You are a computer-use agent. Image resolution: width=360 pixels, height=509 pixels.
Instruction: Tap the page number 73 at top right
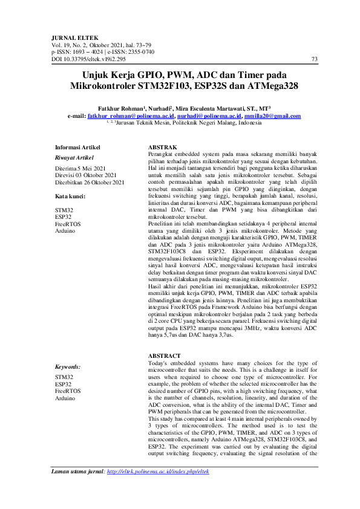click(313, 59)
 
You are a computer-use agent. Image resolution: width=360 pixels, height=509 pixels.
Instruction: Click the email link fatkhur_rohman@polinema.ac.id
click(131, 115)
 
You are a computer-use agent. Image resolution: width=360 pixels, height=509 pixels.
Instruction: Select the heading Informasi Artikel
click(77, 147)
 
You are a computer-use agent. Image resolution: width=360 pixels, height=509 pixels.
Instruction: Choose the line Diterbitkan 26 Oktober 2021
click(90, 182)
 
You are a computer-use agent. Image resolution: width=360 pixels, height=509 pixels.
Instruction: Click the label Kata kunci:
click(70, 197)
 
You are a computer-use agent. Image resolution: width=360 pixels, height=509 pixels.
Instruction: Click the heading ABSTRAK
click(162, 148)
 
